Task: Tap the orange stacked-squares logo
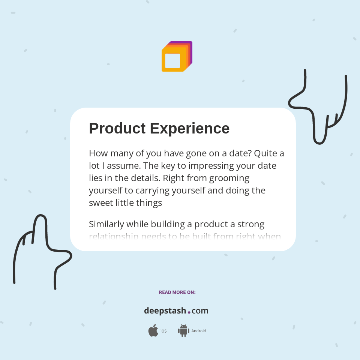point(177,56)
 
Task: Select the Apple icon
point(153,331)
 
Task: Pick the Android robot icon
point(183,331)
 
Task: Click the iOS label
point(163,331)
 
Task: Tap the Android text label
point(199,331)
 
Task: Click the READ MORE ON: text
point(177,292)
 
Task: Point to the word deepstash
point(165,311)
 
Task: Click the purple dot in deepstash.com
point(189,312)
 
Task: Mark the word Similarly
point(106,224)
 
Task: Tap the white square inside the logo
point(172,61)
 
